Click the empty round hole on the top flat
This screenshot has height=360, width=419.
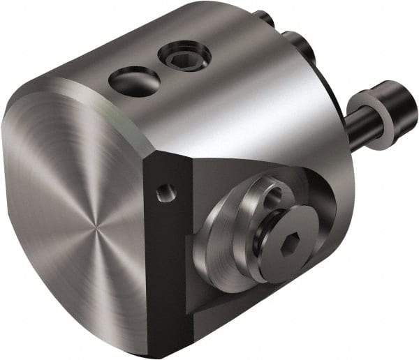134,82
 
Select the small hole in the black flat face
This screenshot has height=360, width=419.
164,193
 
